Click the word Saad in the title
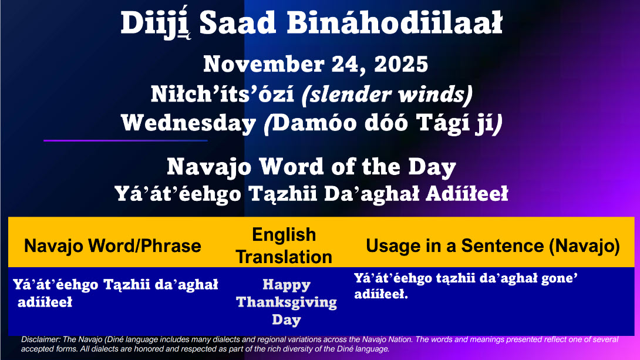[x=238, y=23]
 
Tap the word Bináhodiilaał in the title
[x=395, y=23]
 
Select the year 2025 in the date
[x=401, y=64]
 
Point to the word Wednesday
[x=188, y=123]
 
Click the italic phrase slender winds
[x=387, y=95]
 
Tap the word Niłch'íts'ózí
[x=222, y=95]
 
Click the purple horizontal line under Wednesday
[x=126, y=140]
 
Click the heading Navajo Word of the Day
[x=311, y=167]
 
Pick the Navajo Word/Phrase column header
[x=113, y=245]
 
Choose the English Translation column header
[x=284, y=245]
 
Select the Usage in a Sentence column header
[x=493, y=245]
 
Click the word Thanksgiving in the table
[x=287, y=302]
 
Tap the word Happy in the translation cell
[x=287, y=285]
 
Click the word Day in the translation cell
[x=287, y=319]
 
